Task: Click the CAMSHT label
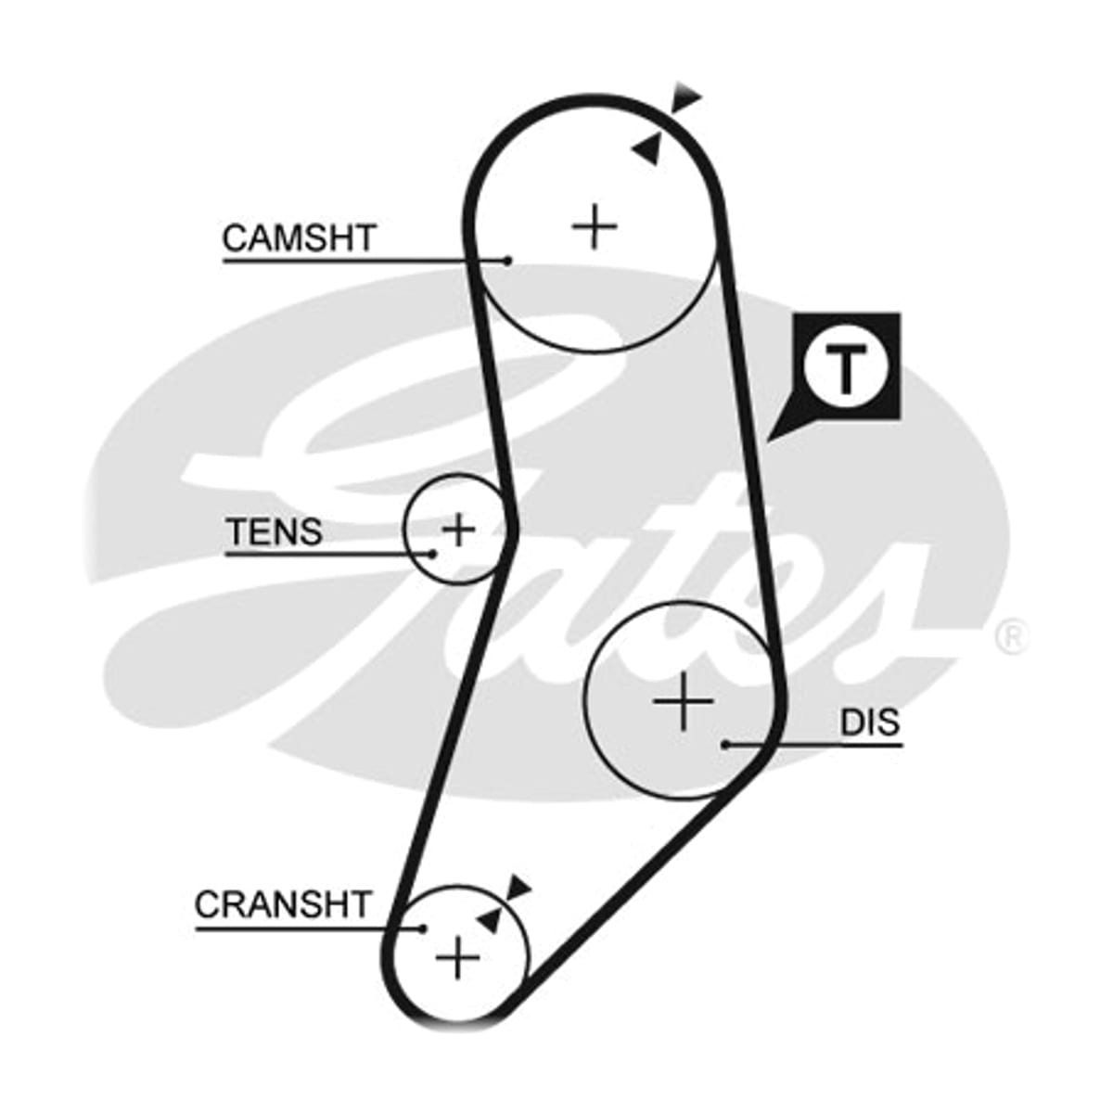(x=300, y=238)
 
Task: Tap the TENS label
(x=275, y=531)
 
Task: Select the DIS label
(x=870, y=722)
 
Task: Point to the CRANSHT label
(x=283, y=904)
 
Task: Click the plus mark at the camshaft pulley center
(x=595, y=226)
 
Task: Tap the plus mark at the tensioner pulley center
(x=458, y=529)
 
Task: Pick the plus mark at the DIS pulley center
(x=684, y=702)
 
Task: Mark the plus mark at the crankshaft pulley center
(x=457, y=958)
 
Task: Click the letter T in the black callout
(x=846, y=367)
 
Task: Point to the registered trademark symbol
(x=1012, y=636)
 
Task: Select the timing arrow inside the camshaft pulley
(x=646, y=149)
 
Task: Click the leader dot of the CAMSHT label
(x=507, y=261)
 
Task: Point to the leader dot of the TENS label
(x=432, y=554)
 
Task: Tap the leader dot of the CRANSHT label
(x=423, y=928)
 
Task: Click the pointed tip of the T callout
(x=767, y=442)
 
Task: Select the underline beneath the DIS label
(x=814, y=745)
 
